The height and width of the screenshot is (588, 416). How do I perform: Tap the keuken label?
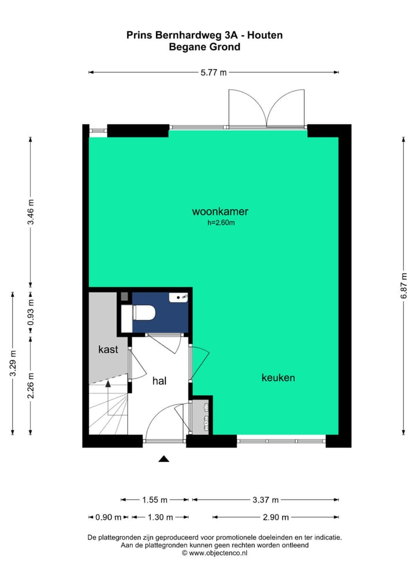point(278,378)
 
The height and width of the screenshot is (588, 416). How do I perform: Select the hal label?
point(160,381)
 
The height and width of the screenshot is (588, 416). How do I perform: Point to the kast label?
point(108,349)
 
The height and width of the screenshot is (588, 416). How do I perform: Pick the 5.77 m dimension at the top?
point(213,72)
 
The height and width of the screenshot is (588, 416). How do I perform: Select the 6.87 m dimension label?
point(404,286)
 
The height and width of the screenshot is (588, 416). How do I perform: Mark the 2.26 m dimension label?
point(31,385)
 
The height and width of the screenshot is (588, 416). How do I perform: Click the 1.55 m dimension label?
point(154,500)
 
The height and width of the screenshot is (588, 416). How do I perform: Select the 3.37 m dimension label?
point(265,500)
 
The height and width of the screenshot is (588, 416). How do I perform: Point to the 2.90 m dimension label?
point(275,518)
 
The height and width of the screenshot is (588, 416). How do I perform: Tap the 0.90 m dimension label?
point(109,518)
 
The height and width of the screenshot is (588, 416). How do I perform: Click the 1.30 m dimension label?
point(160,518)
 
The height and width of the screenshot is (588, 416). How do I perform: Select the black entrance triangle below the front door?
point(164,459)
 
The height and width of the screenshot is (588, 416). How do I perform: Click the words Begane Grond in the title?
point(205,47)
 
